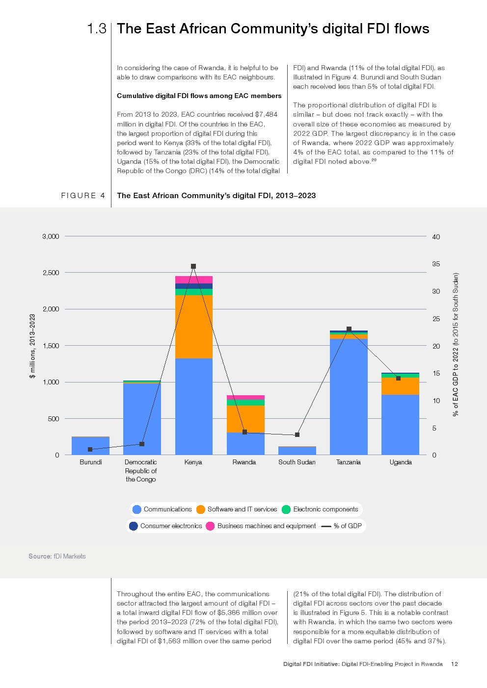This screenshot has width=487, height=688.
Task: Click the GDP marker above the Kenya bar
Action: (x=193, y=266)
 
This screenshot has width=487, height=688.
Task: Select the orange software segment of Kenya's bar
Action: (x=193, y=326)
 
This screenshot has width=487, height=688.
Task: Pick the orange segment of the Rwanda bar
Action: (x=245, y=418)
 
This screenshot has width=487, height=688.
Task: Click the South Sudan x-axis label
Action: (x=297, y=462)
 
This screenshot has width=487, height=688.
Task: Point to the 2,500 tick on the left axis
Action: (x=51, y=273)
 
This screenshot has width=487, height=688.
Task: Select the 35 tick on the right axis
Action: (x=436, y=264)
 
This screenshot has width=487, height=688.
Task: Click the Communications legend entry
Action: (x=162, y=510)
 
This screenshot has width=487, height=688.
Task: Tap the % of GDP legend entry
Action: (x=342, y=526)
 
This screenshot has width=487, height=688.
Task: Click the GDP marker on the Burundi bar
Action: (x=90, y=449)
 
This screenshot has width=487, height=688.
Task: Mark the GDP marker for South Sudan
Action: (x=297, y=435)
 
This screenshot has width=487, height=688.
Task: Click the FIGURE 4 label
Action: (x=83, y=196)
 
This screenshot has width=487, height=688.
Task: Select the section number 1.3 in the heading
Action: (x=97, y=29)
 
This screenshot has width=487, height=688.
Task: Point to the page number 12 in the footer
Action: (x=454, y=664)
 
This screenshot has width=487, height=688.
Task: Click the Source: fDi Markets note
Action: (x=57, y=556)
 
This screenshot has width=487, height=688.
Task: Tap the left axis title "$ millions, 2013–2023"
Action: (x=32, y=346)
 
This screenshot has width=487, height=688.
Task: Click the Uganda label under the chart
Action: (x=401, y=462)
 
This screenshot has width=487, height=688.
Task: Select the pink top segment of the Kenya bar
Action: (x=193, y=280)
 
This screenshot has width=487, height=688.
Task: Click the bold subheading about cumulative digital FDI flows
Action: (x=199, y=96)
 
